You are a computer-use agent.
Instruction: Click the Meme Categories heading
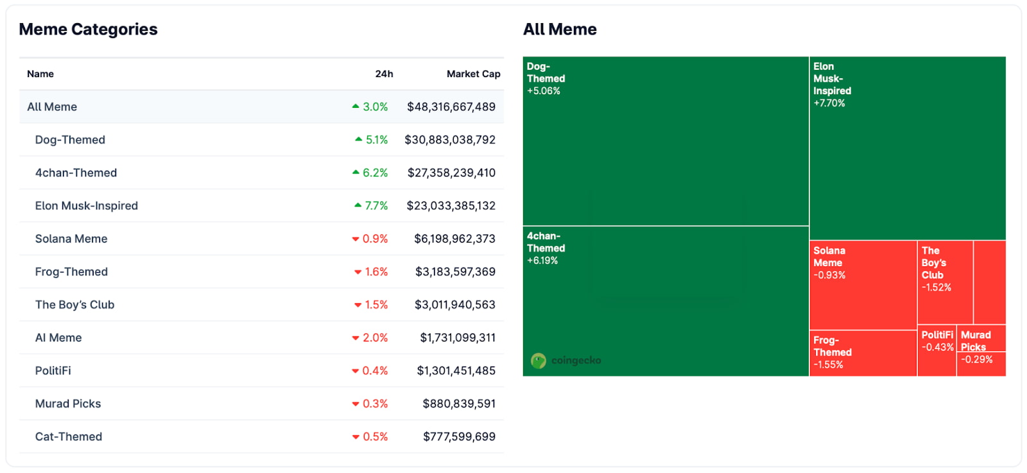tap(88, 30)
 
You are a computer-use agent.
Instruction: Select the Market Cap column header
tap(473, 74)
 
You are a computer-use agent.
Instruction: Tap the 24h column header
tap(384, 74)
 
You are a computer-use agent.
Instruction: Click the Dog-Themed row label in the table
tap(70, 140)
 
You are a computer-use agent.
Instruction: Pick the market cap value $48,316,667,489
tap(451, 107)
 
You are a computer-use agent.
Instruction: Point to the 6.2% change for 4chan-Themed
tap(375, 173)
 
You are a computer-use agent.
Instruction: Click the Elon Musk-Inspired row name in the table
tap(87, 206)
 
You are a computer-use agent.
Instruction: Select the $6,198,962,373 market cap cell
tap(454, 239)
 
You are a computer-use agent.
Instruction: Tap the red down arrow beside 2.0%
tap(356, 338)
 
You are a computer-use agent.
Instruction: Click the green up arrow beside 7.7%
tap(358, 205)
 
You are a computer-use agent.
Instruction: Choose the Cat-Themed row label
tap(69, 437)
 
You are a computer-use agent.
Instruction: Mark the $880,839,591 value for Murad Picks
tap(459, 404)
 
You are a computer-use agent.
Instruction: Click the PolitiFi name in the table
tap(53, 371)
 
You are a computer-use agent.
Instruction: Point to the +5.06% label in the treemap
tap(544, 91)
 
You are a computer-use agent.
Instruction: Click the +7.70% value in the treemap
tap(829, 103)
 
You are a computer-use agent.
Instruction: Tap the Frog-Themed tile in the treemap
tap(862, 353)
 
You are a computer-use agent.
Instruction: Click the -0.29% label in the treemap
tap(976, 359)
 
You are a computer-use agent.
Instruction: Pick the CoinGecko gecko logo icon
tap(539, 361)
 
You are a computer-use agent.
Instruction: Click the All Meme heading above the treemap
tap(560, 30)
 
